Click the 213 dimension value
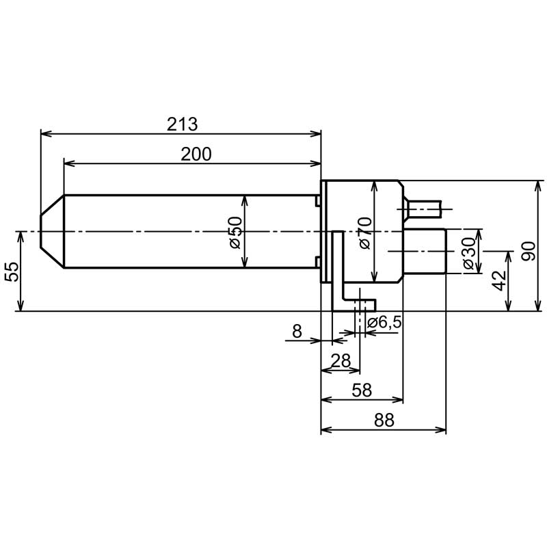coord(182,124)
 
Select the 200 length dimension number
coord(196,155)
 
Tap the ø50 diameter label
coord(236,232)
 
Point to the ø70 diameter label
coord(365,232)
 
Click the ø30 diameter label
coord(470,253)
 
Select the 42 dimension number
coord(500,280)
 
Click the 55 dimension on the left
coord(12,272)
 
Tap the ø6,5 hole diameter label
coord(384,323)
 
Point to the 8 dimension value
coord(297,331)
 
